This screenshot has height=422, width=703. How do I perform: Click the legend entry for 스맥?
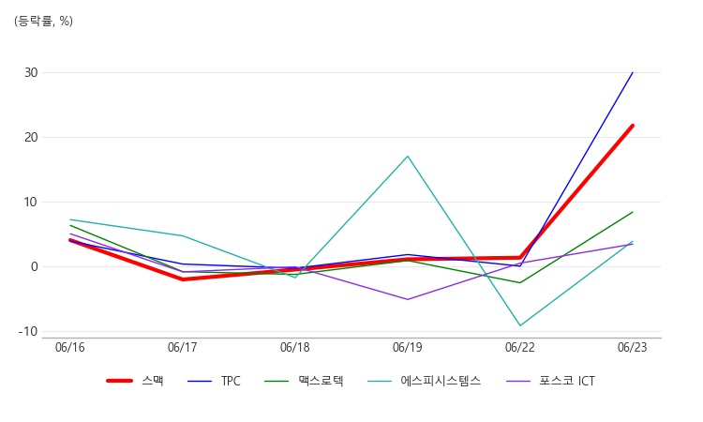[x=135, y=381]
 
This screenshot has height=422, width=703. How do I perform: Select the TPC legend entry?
[x=214, y=381]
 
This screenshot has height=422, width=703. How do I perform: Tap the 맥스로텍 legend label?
[x=304, y=381]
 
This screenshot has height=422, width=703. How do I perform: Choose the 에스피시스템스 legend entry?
[x=424, y=381]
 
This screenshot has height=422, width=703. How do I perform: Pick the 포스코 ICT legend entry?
[x=550, y=381]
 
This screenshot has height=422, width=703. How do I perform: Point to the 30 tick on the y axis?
[x=31, y=72]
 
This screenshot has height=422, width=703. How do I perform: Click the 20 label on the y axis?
[x=31, y=137]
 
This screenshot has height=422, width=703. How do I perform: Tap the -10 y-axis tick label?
[x=28, y=331]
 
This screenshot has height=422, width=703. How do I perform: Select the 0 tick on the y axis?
[x=35, y=267]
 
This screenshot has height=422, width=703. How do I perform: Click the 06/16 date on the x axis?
[x=70, y=347]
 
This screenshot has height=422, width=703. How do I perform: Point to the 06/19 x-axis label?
[x=408, y=347]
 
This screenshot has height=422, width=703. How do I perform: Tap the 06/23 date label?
[x=632, y=347]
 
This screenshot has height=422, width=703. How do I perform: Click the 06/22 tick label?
[x=520, y=347]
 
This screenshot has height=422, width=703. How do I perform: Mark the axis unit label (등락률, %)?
[x=43, y=21]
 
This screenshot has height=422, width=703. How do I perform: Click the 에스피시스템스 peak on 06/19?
[x=408, y=156]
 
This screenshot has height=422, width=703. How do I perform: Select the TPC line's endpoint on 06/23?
[x=633, y=72]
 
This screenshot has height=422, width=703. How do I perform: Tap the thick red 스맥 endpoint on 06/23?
[x=632, y=126]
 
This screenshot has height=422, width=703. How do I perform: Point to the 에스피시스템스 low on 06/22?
[x=520, y=325]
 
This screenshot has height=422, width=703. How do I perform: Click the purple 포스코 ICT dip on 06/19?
[x=408, y=299]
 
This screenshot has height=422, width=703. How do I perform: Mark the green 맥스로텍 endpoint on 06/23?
[x=633, y=212]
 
